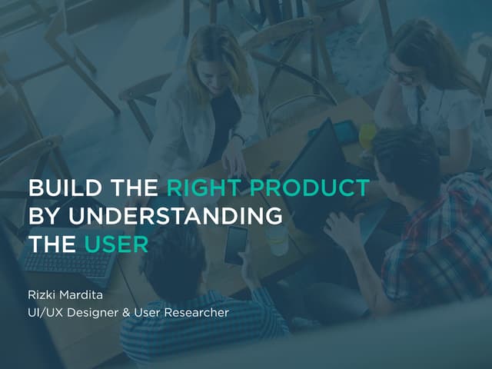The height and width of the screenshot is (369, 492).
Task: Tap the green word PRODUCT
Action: click(315, 189)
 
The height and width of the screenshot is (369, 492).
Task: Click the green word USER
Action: click(116, 244)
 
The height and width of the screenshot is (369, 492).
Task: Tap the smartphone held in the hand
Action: click(235, 245)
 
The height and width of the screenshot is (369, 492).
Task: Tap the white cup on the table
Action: click(279, 242)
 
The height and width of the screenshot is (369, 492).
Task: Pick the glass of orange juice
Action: click(368, 136)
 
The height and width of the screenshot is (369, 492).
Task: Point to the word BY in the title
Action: click(43, 217)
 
